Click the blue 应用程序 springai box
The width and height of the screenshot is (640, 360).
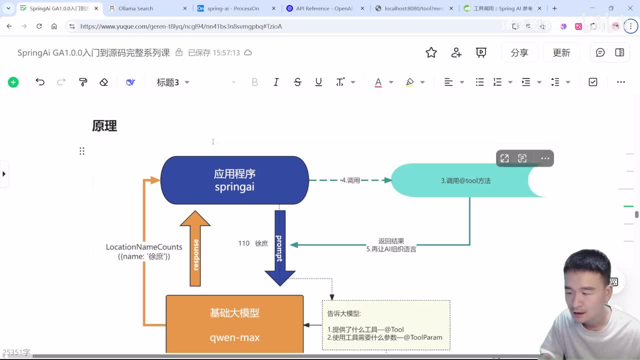pos(234,180)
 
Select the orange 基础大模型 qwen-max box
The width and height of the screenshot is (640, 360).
pos(234,324)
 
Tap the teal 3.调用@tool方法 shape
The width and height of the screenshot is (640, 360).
pos(465,180)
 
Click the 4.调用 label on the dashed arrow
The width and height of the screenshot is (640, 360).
pos(350,180)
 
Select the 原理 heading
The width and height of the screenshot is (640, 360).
pos(104,126)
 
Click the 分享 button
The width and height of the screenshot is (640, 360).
pos(519,52)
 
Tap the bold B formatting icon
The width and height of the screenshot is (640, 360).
pos(254,82)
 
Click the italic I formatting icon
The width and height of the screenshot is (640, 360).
pos(276,82)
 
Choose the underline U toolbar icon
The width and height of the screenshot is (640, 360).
pos(318,82)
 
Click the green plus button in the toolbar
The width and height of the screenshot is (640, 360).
pos(13,82)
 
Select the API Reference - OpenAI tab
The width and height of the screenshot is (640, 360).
pos(324,8)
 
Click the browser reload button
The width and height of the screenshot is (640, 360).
pos(39,26)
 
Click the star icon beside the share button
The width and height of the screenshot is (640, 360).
pos(431,52)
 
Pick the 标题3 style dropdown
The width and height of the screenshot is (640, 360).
pos(173,82)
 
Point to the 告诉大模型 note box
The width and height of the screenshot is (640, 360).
pos(385,325)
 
